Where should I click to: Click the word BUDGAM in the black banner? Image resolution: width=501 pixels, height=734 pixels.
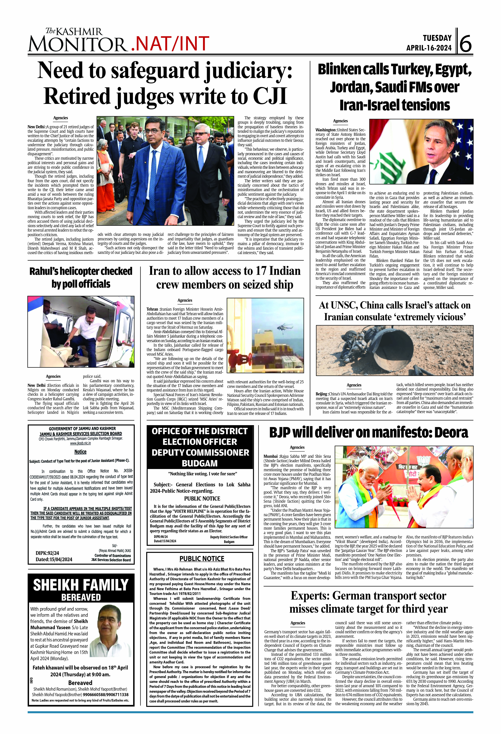click(x=200, y=463)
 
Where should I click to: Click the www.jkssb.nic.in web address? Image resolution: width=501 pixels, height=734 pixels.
click(x=80, y=443)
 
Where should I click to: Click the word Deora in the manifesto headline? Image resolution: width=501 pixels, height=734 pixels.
click(x=451, y=433)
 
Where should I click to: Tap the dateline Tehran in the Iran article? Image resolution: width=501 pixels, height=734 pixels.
click(x=152, y=309)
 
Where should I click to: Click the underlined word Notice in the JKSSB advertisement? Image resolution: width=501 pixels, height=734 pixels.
click(x=81, y=452)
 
